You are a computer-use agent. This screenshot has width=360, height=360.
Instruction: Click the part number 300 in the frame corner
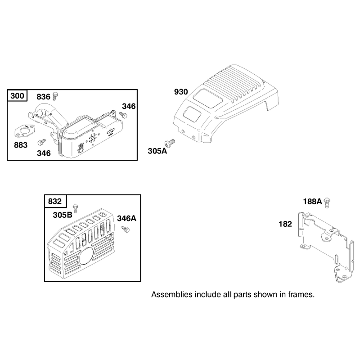[x=17, y=95]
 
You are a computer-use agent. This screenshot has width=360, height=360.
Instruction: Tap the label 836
[x=43, y=97]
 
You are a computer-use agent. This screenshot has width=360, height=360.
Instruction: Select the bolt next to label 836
[x=55, y=96]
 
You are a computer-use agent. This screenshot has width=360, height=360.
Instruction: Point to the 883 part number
[x=21, y=145]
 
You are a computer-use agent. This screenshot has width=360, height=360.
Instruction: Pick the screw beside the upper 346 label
[x=123, y=115]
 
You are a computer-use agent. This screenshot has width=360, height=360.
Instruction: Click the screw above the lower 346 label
[x=41, y=142]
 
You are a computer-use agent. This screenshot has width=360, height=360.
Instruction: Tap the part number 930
[x=181, y=92]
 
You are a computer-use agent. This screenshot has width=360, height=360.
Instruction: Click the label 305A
[x=157, y=151]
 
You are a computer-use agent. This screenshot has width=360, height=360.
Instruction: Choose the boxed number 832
[x=54, y=201]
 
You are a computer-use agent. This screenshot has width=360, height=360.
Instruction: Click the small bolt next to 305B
[x=75, y=208]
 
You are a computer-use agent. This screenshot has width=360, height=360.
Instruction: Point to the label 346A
[x=127, y=218]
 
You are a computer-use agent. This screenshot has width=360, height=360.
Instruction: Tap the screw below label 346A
[x=126, y=229]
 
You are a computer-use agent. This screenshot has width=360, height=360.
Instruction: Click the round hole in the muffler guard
[x=86, y=256]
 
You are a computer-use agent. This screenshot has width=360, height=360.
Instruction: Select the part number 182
[x=285, y=224]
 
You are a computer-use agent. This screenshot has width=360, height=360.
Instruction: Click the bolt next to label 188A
[x=327, y=203]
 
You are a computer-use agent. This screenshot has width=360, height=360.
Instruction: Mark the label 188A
[x=312, y=202]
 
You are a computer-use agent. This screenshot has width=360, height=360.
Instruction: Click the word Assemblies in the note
[x=172, y=294]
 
